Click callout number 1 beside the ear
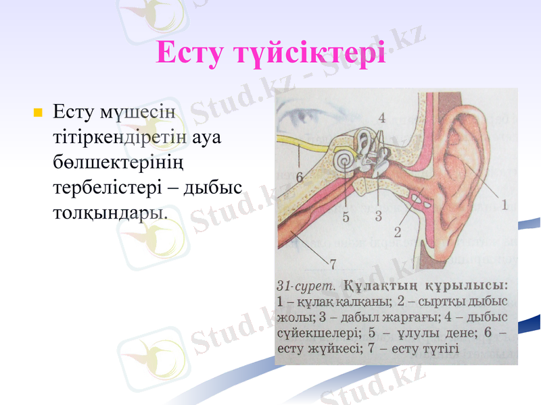(504, 202)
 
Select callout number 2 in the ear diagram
(398, 232)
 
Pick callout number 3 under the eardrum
(379, 217)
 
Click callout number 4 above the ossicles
(382, 117)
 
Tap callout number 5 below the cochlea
(346, 217)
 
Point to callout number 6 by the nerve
(299, 176)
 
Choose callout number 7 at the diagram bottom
(333, 262)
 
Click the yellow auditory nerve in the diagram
(304, 143)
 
